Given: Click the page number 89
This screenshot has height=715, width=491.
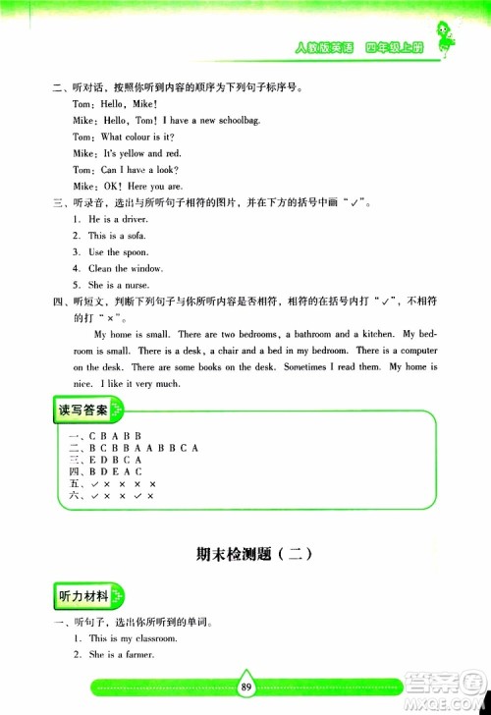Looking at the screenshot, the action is [245, 687].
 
